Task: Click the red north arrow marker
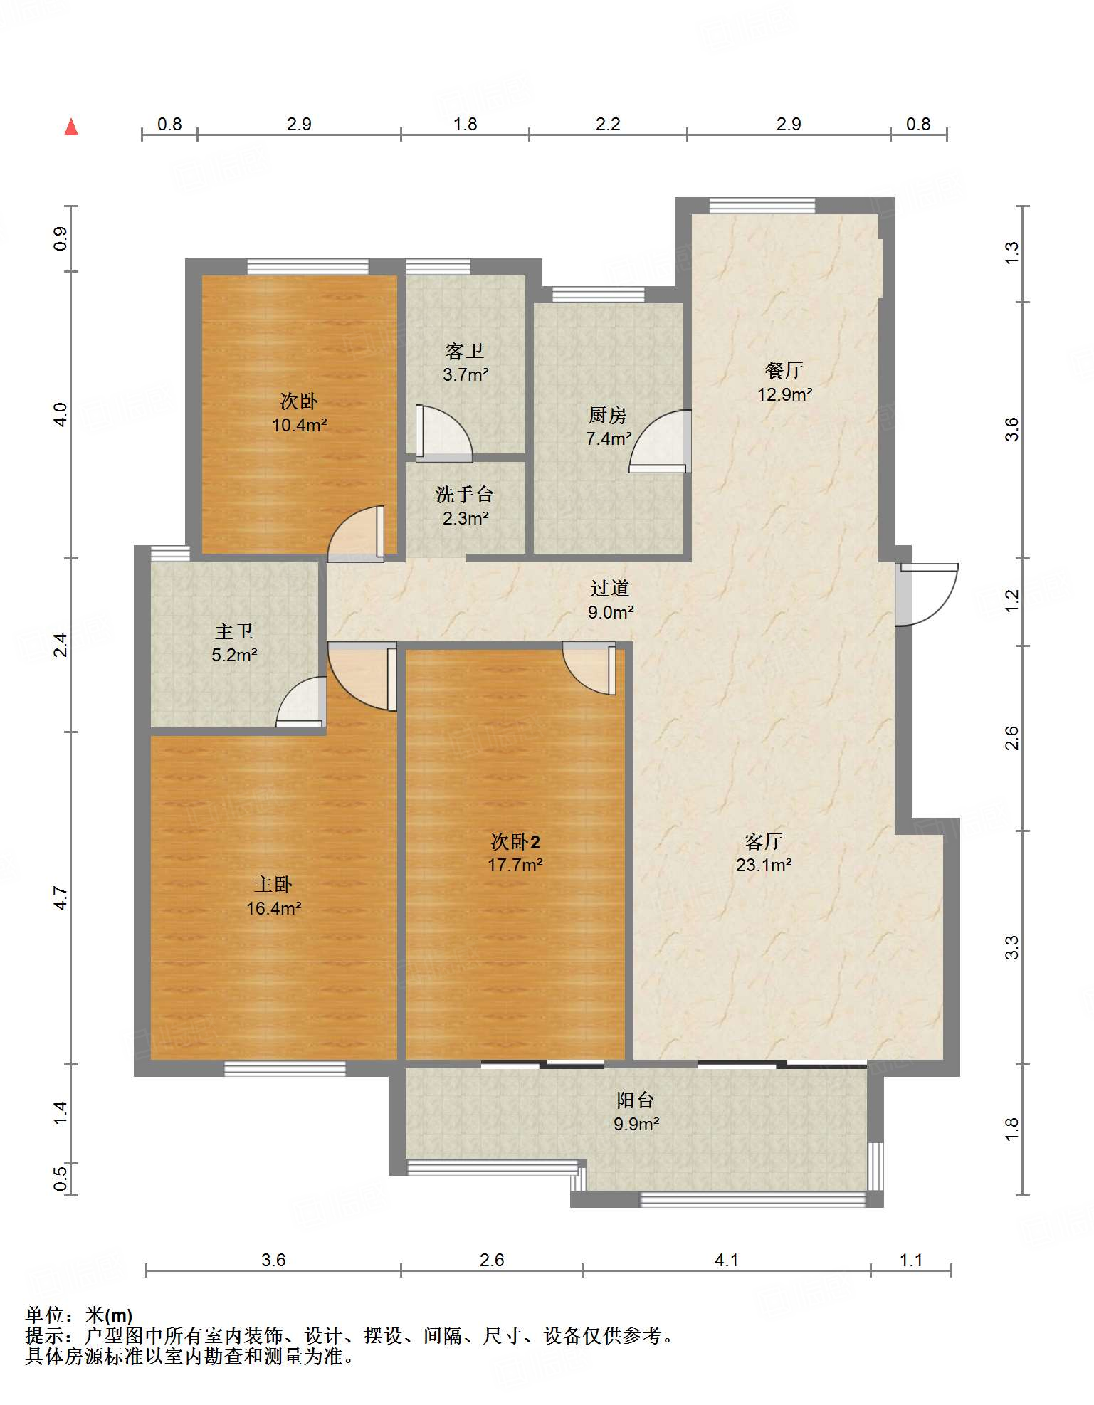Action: pos(71,127)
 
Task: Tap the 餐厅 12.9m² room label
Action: pos(784,382)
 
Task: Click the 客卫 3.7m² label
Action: pos(465,362)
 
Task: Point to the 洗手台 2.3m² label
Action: pos(465,506)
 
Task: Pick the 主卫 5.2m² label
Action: pos(234,643)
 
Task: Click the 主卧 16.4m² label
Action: pos(273,896)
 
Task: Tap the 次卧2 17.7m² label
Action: pos(515,853)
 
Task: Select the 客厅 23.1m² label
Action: pos(764,853)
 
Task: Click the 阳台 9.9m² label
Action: pos(636,1112)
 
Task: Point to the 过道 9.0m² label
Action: pos(610,600)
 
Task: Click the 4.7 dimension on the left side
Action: pos(61,898)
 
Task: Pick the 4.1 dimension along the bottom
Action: pos(726,1260)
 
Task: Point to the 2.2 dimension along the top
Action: pos(608,124)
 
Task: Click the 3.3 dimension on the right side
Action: pos(1011,947)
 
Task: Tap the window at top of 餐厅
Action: pos(762,205)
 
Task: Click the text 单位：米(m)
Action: pos(79,1315)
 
